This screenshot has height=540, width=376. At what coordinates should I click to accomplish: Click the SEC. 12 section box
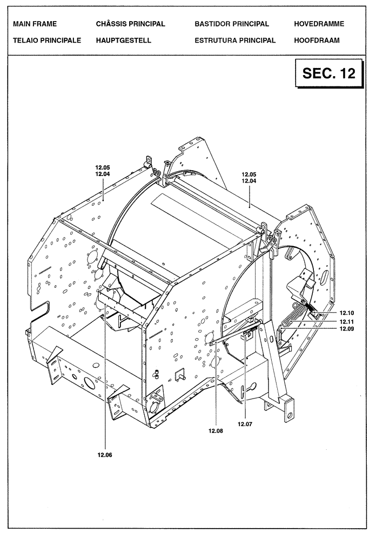329,73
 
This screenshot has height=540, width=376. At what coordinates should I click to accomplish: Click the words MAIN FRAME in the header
35,24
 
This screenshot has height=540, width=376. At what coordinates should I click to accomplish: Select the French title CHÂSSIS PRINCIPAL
130,24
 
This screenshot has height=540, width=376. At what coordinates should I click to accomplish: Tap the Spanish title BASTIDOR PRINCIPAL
232,24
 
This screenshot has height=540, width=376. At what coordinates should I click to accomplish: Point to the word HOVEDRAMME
319,24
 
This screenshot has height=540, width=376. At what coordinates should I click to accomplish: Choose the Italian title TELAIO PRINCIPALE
47,40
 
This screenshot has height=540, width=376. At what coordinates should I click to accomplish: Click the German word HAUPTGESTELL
123,40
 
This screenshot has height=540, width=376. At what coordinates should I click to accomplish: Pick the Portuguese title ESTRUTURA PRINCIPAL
235,40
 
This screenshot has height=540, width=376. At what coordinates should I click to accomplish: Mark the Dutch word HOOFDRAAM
317,40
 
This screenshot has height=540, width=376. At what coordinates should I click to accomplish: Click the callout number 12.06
105,455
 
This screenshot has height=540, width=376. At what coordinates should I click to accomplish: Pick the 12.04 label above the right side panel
249,181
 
